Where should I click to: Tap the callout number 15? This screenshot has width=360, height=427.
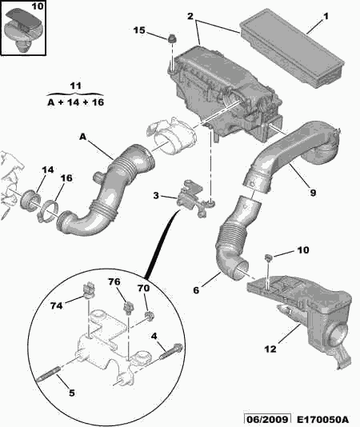click(139, 30)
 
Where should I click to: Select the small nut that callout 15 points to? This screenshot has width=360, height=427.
click(172, 38)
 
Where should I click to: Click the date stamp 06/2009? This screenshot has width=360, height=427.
click(266, 420)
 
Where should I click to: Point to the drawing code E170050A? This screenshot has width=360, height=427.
click(322, 420)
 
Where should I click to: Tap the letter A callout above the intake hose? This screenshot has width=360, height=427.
click(82, 137)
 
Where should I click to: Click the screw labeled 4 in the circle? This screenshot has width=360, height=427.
click(171, 352)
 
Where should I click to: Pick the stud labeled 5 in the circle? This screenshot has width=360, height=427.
click(48, 374)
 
